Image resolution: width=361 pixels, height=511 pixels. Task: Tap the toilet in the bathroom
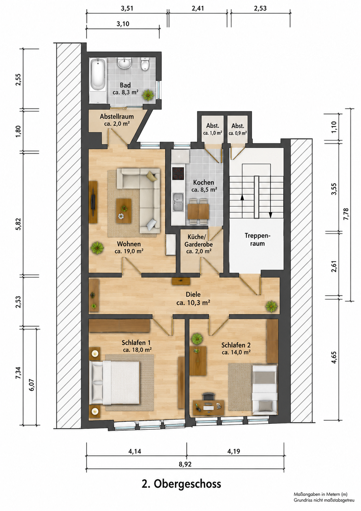point(145,64)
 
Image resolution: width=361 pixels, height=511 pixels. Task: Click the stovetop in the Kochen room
point(178,174)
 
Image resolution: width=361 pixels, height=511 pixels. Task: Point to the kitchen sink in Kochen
point(178,202)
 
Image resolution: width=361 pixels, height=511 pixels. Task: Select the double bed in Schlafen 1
point(114,382)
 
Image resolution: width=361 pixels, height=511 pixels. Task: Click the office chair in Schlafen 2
point(208,396)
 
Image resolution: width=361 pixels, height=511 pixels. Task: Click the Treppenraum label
point(257,239)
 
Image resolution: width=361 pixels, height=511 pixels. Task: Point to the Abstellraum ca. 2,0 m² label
point(117,120)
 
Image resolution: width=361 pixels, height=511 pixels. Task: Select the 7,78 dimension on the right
point(346,214)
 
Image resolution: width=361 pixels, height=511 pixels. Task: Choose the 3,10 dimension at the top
point(123,24)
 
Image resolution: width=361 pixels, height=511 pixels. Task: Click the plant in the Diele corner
point(272,306)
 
